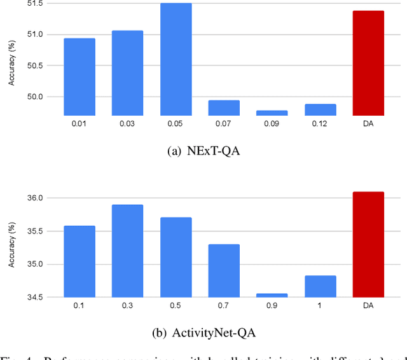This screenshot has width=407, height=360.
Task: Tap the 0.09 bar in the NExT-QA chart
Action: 272,113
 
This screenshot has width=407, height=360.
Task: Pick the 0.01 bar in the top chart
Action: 79,77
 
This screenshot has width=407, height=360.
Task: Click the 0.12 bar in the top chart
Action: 321,109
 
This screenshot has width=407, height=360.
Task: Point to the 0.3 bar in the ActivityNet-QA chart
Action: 127,251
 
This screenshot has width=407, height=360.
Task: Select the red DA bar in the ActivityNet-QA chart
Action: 368,244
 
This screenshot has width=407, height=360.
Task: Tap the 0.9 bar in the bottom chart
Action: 272,295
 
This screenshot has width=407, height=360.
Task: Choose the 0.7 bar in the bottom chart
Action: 224,270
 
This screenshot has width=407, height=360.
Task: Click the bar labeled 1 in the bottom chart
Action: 321,286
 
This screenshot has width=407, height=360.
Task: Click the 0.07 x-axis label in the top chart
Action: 224,123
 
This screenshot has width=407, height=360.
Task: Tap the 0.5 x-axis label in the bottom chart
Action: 176,305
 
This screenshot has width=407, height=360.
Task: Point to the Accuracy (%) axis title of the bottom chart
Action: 10,244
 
